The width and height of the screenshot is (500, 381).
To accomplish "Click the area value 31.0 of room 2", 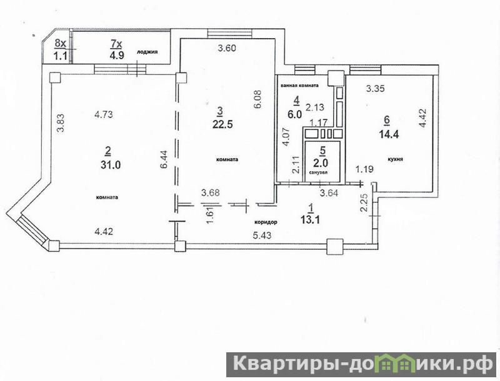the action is pyautogui.click(x=111, y=165).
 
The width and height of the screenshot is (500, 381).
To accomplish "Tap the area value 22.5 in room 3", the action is pyautogui.click(x=222, y=124).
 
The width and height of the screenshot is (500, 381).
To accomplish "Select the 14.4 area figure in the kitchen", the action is pyautogui.click(x=389, y=134).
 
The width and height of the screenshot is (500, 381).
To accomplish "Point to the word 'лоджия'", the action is pyautogui.click(x=147, y=52).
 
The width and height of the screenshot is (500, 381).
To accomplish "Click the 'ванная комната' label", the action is pyautogui.click(x=299, y=86).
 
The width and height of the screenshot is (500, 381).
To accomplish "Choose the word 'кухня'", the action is pyautogui.click(x=395, y=159).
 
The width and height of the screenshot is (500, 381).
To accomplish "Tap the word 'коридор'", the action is pyautogui.click(x=266, y=222).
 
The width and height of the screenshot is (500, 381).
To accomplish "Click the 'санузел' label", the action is pyautogui.click(x=319, y=172).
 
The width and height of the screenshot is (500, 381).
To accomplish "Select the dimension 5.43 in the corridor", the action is pyautogui.click(x=262, y=235).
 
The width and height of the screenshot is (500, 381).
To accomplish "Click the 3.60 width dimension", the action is pyautogui.click(x=227, y=49).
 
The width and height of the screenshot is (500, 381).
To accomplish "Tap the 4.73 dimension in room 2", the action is pyautogui.click(x=104, y=114).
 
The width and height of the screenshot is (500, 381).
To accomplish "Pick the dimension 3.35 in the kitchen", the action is pyautogui.click(x=376, y=89).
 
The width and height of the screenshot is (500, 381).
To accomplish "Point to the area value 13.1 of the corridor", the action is pyautogui.click(x=311, y=219).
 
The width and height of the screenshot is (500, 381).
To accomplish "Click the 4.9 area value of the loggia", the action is pyautogui.click(x=116, y=55).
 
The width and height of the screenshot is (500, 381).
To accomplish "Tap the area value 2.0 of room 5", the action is pyautogui.click(x=321, y=163).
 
